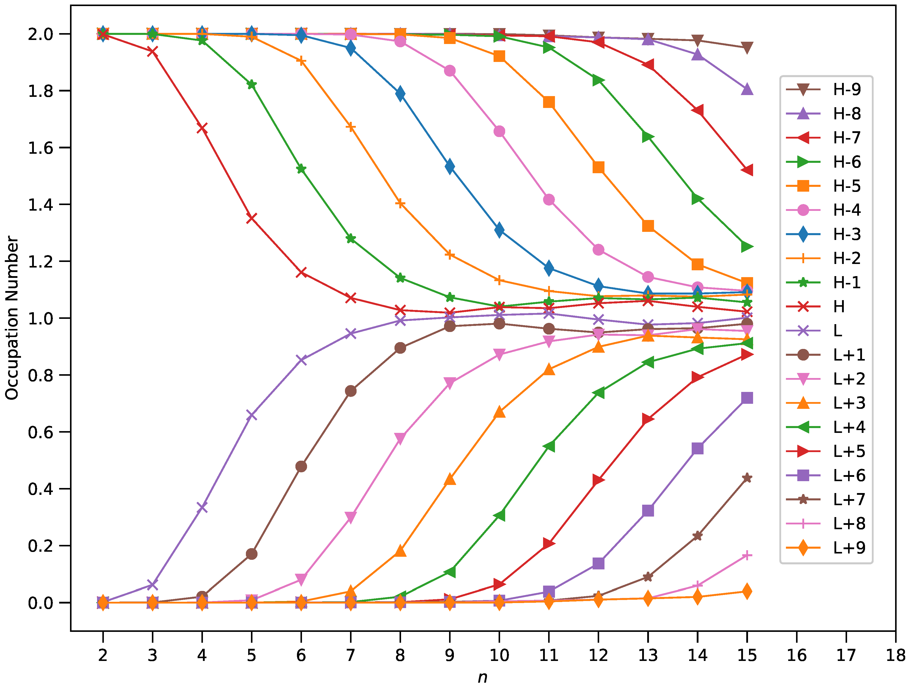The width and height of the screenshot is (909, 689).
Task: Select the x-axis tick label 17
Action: click(x=846, y=655)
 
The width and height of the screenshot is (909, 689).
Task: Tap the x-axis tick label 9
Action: click(x=450, y=655)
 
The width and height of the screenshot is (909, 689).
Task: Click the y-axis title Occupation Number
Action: click(x=12, y=318)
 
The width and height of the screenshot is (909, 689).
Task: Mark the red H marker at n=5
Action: click(x=251, y=218)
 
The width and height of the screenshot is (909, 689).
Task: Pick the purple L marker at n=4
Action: click(x=202, y=507)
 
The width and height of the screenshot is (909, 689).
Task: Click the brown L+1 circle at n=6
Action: click(x=301, y=466)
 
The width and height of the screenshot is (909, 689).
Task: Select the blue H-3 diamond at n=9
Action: click(x=450, y=166)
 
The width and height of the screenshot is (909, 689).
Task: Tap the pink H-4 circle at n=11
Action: click(x=549, y=200)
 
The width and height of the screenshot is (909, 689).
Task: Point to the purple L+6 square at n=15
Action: click(x=747, y=398)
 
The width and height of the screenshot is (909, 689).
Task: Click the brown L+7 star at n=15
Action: click(x=747, y=478)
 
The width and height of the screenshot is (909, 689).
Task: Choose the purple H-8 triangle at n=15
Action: click(x=747, y=89)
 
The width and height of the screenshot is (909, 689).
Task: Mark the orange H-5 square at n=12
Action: click(x=598, y=167)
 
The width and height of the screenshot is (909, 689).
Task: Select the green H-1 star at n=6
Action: click(x=301, y=169)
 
